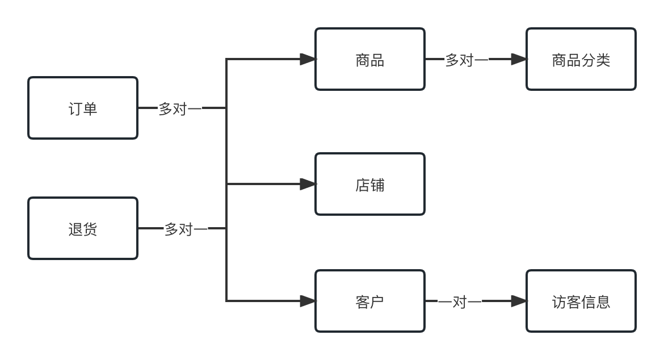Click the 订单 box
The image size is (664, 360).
point(83,108)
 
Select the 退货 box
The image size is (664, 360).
point(83,228)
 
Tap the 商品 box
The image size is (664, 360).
point(370,59)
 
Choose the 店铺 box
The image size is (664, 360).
point(370,184)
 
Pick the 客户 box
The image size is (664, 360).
point(370,301)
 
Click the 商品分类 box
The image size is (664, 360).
point(581,59)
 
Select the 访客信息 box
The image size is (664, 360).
point(581,301)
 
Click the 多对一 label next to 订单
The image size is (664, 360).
point(179,108)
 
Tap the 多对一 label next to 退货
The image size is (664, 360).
point(186,229)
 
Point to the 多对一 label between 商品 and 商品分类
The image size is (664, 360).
point(467,60)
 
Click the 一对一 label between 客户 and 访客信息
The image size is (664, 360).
point(460,302)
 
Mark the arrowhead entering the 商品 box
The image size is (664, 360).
point(308,59)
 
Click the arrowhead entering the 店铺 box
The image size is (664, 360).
point(308,184)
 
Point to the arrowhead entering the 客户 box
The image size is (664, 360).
point(308,301)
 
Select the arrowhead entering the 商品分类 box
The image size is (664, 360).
point(519,59)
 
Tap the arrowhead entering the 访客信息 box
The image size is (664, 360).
point(519,301)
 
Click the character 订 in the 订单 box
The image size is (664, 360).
point(75,108)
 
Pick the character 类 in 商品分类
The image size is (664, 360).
point(603,60)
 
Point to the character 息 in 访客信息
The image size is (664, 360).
point(603,302)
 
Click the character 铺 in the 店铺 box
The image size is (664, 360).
point(377,185)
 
